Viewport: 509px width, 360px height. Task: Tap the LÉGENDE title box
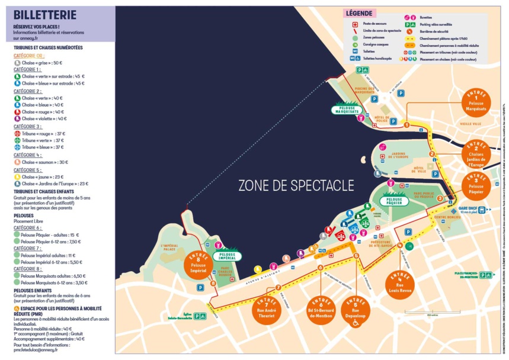coord(358,13)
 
